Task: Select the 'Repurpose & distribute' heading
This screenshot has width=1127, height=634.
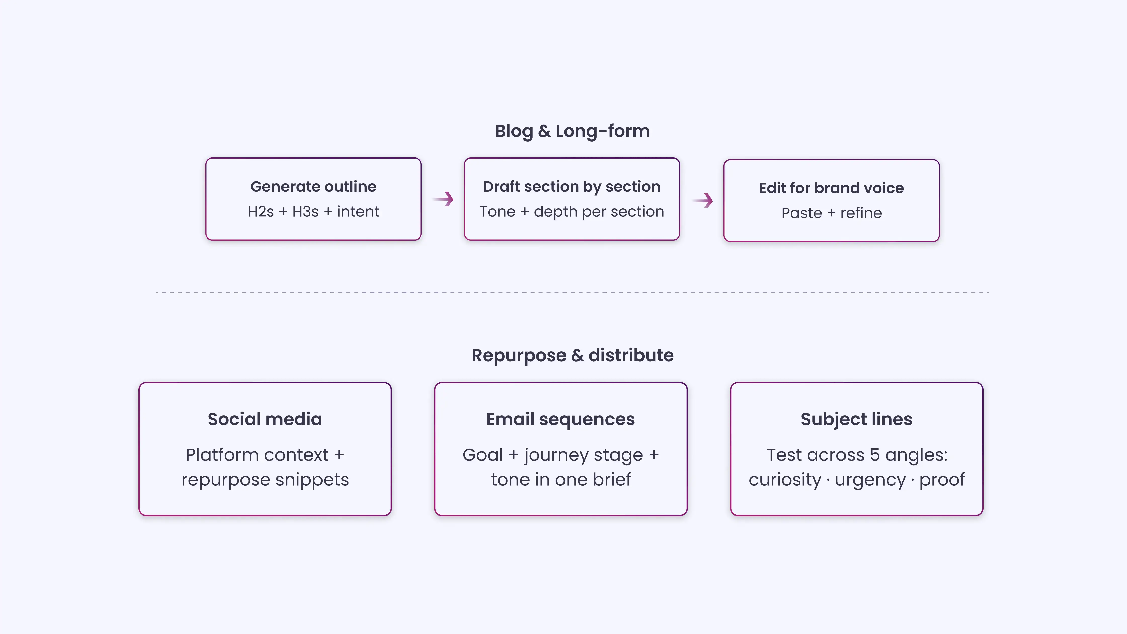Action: pos(572,355)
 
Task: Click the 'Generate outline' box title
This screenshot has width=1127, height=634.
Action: pos(313,186)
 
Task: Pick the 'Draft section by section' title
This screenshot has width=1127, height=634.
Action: pos(571,186)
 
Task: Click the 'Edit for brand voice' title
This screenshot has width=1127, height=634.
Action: pos(831,188)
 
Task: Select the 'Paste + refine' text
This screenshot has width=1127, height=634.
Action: pos(831,213)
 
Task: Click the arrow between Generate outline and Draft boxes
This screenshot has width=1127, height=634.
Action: pos(443,199)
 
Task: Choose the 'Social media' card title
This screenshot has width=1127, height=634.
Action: pos(265,419)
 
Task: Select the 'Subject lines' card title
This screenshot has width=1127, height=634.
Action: pos(856,419)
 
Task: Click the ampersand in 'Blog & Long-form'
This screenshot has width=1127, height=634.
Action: pos(544,131)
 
